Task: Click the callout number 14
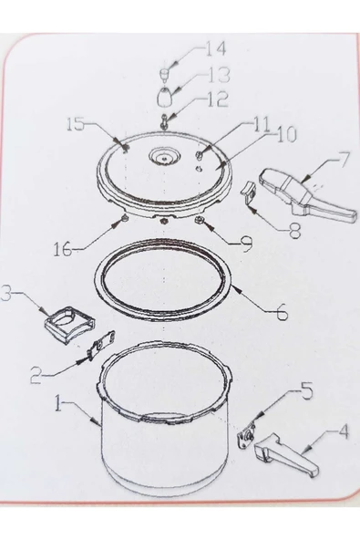[x=216, y=48]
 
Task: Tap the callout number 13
[x=219, y=75]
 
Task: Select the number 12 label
[x=218, y=99]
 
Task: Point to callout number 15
[x=75, y=124]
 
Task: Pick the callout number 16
[x=63, y=249]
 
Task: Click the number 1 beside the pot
[x=59, y=403]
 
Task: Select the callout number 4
[x=343, y=431]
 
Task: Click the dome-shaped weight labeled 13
[x=166, y=97]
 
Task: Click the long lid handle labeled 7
[x=307, y=192]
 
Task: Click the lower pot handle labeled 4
[x=286, y=454]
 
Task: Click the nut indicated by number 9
[x=199, y=220]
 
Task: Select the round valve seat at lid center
[x=164, y=157]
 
